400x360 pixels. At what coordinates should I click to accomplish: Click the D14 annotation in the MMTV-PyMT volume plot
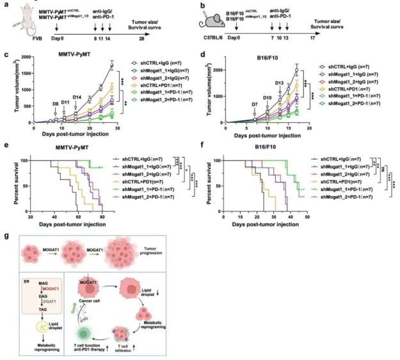[77, 97]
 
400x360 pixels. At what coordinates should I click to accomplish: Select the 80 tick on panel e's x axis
[103, 216]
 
